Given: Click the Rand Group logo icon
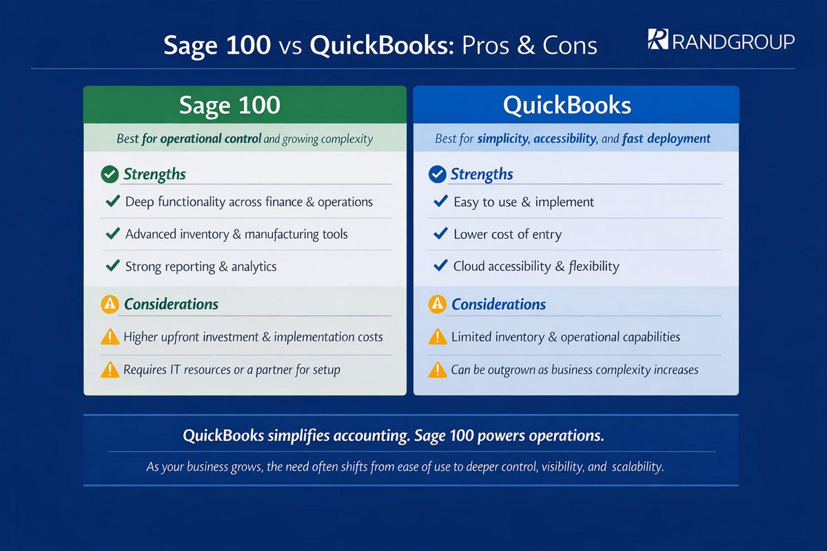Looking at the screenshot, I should [x=658, y=39].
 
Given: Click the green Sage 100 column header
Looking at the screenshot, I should [x=245, y=105].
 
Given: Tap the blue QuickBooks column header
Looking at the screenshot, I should [x=575, y=105].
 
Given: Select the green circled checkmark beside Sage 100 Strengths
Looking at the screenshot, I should [x=110, y=174].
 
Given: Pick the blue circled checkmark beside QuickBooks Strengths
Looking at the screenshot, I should [x=437, y=174].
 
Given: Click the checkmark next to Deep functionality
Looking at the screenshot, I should [x=113, y=202].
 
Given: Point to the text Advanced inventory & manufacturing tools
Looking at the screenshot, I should [x=236, y=234].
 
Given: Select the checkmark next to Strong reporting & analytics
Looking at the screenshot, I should [x=113, y=266].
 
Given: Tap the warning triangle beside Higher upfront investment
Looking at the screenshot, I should [x=110, y=337].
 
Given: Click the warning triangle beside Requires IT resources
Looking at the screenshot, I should [x=110, y=370].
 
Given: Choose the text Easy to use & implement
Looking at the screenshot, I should [x=523, y=202].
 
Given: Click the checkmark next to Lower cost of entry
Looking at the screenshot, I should [x=440, y=234].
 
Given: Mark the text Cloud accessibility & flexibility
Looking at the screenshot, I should [x=536, y=266].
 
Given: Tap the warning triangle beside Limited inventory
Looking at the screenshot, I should [x=438, y=337].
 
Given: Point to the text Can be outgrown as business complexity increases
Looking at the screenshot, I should [x=574, y=370].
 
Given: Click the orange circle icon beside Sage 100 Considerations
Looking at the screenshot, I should [x=110, y=304].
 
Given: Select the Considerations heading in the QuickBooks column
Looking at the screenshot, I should [x=498, y=304].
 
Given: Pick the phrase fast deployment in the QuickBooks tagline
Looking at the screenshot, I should [x=666, y=139].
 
